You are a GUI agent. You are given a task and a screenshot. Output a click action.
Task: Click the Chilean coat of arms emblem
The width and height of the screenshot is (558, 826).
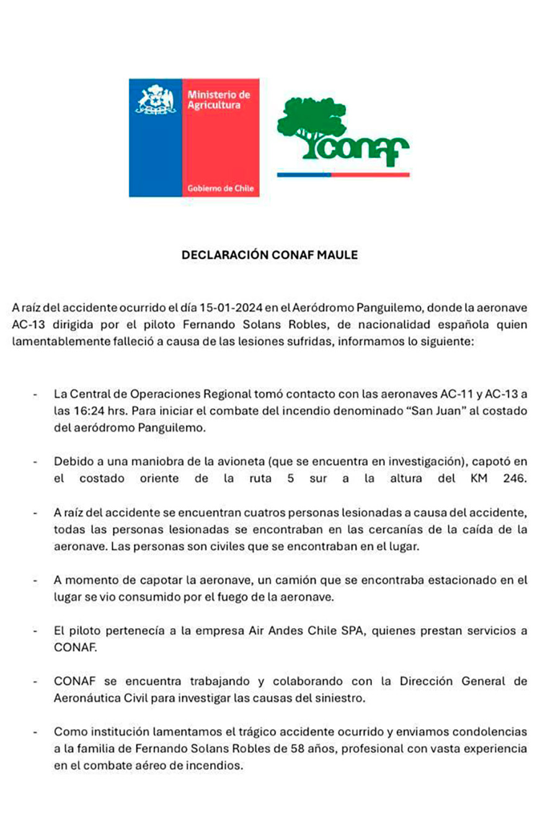(x=156, y=99)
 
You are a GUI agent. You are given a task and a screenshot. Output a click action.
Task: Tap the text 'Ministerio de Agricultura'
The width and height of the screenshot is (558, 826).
(x=218, y=100)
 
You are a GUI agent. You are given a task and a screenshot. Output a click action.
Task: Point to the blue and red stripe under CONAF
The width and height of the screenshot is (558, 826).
(x=343, y=175)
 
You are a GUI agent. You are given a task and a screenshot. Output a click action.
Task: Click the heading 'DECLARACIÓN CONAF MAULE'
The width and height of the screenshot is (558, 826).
(x=270, y=255)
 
